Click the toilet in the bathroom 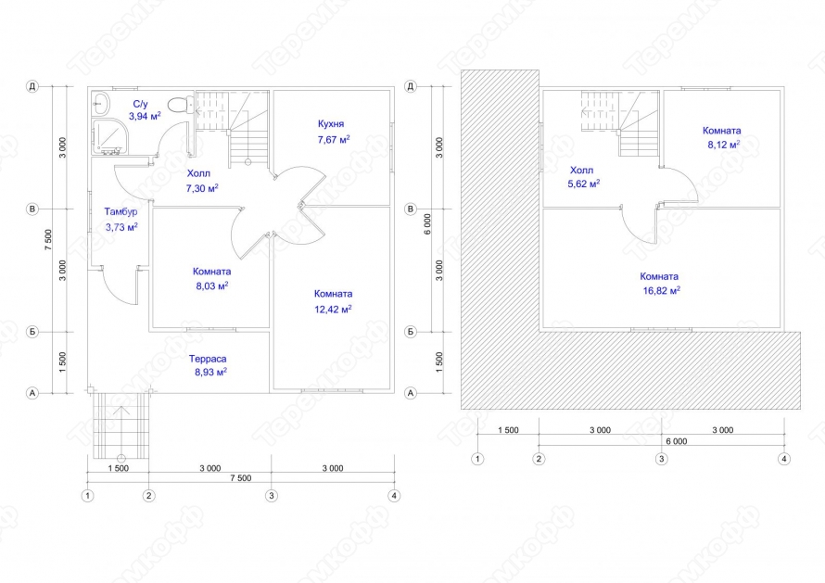click(180, 104)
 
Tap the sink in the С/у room click(100, 104)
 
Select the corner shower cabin click(109, 136)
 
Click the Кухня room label click(331, 124)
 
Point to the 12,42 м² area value click(333, 309)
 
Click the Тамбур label click(121, 211)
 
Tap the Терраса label click(208, 359)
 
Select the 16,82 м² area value click(661, 290)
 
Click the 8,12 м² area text click(723, 145)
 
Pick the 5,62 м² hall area click(583, 184)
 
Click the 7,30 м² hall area click(202, 188)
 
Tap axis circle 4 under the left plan click(394, 496)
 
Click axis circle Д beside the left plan click(32, 86)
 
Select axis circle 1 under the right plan click(477, 459)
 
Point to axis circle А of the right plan click(411, 393)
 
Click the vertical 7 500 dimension click(48, 239)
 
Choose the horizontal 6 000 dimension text click(677, 441)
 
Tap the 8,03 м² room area click(212, 285)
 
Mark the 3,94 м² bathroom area click(145, 116)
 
